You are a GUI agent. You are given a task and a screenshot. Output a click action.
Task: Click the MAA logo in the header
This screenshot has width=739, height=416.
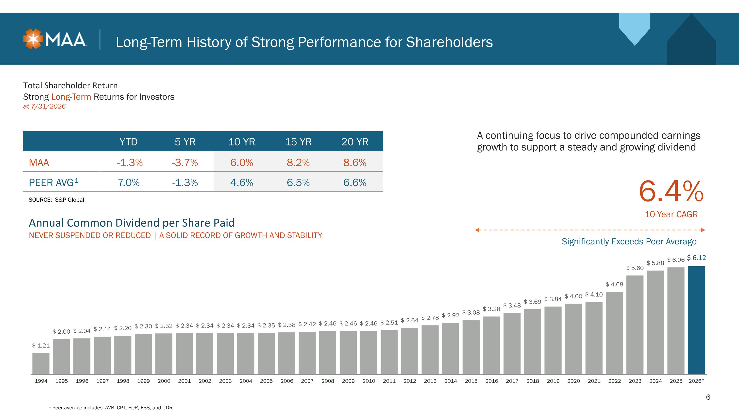tap(55, 39)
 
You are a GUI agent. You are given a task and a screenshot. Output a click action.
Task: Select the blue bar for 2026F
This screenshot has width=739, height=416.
tap(696, 320)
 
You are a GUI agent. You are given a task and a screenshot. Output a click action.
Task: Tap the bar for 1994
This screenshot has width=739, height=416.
tap(41, 363)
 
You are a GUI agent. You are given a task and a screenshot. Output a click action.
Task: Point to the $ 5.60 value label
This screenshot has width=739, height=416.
tap(635, 268)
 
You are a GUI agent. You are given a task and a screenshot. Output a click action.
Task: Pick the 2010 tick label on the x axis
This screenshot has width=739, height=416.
tap(369, 381)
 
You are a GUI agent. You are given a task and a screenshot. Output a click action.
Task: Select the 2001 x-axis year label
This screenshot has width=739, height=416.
tap(185, 381)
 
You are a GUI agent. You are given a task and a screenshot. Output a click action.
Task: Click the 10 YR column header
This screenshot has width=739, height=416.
tap(242, 142)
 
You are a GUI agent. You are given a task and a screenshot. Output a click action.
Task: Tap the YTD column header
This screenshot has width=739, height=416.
tap(129, 142)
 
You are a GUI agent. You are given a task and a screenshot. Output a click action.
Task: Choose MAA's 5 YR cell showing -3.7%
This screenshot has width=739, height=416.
tap(185, 163)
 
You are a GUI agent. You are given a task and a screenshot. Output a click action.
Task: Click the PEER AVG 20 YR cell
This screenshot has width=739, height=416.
tap(355, 182)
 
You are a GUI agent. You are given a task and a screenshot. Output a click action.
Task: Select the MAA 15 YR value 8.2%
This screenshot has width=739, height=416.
tap(298, 163)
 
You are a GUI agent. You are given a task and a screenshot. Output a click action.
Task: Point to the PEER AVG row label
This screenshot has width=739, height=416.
tap(54, 182)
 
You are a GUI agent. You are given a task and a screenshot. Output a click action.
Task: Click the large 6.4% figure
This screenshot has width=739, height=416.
tap(671, 191)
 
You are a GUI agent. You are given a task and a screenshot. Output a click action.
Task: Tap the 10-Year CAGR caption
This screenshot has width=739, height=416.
tap(671, 214)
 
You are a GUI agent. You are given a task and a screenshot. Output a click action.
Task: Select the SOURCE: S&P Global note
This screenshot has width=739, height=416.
tap(56, 200)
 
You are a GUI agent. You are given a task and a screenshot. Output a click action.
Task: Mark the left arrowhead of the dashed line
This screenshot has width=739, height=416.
tap(477, 230)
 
